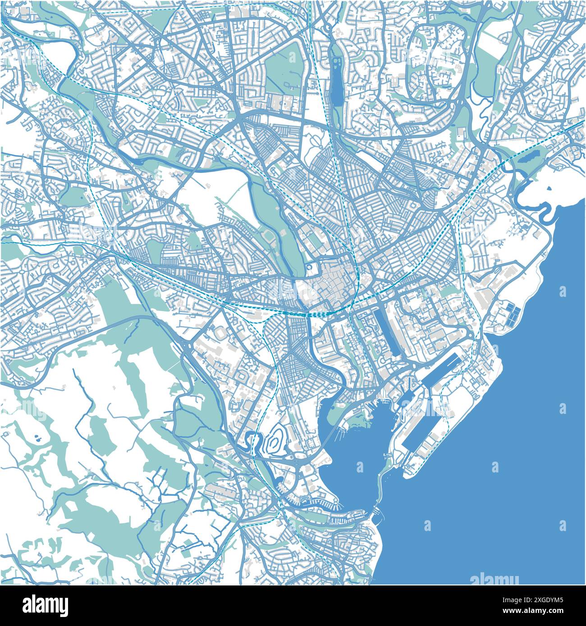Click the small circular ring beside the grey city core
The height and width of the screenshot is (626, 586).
click(309, 268)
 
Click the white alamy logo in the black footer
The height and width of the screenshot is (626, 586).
click(46, 604)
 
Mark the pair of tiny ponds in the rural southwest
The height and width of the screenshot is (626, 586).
click(37, 437)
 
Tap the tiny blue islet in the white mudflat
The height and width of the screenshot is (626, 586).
click(550, 190)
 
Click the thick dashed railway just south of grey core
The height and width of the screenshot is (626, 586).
click(325, 312)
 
